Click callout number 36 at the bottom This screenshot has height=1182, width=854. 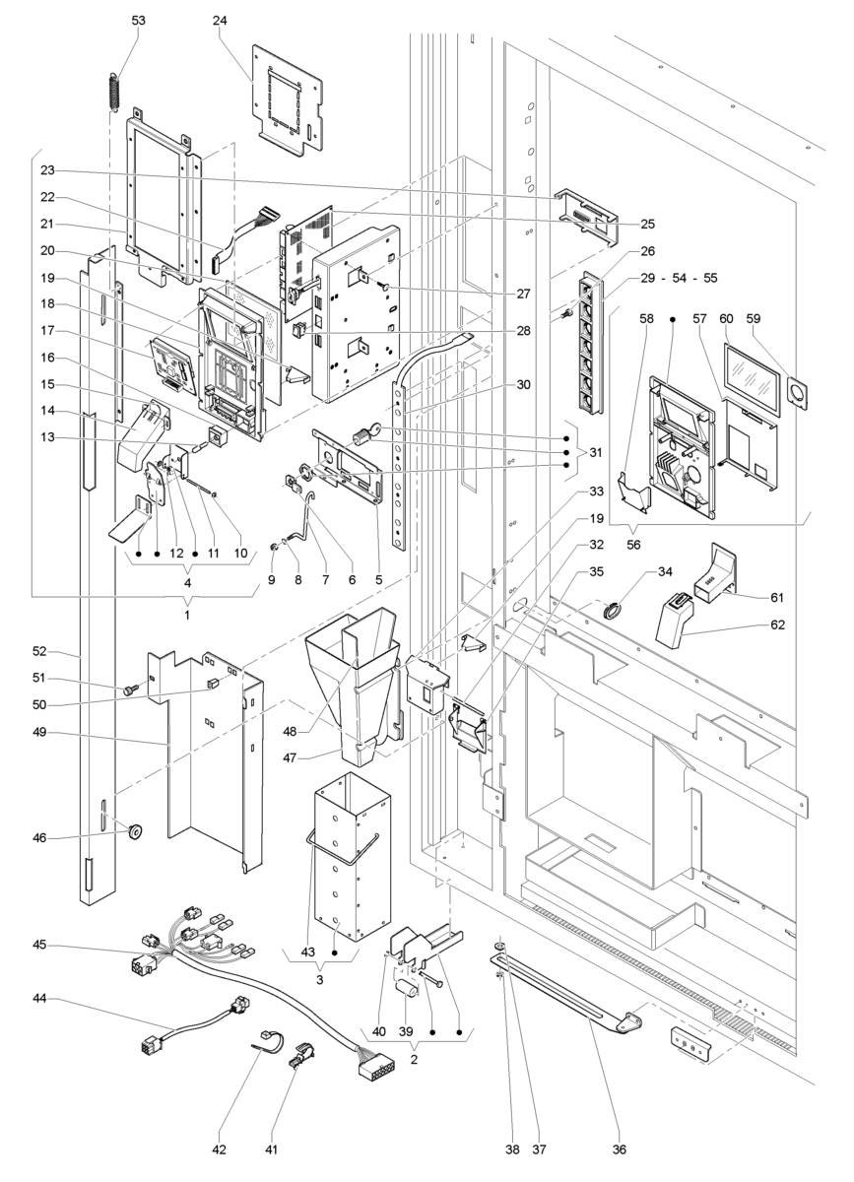(620, 1149)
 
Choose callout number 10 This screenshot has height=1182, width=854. (240, 553)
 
